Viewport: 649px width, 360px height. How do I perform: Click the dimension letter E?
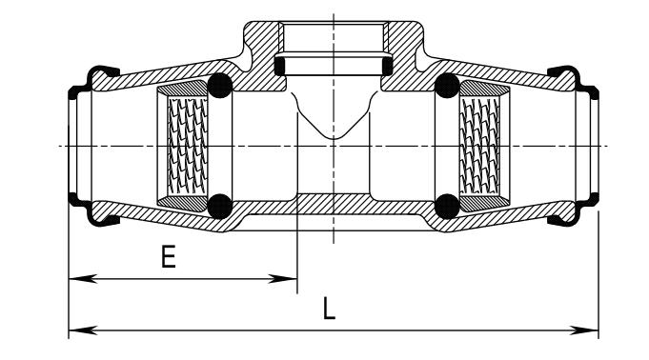[x=169, y=256]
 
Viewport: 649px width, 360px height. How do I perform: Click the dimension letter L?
[x=329, y=309]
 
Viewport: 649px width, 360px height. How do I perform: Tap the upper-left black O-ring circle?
[x=220, y=86]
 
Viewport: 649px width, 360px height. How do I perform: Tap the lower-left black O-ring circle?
[x=220, y=206]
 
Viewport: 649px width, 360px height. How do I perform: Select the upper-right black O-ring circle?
[x=447, y=86]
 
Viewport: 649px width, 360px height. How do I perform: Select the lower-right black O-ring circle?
[x=447, y=206]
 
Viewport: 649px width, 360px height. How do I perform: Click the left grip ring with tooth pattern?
[x=183, y=146]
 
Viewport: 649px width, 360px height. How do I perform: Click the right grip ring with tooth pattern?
[x=485, y=146]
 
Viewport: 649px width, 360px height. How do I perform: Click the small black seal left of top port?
[x=280, y=66]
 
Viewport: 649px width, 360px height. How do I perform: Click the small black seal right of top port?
[x=387, y=66]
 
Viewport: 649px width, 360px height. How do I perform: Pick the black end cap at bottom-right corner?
[x=574, y=210]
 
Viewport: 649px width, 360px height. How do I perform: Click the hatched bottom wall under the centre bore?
[x=334, y=204]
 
